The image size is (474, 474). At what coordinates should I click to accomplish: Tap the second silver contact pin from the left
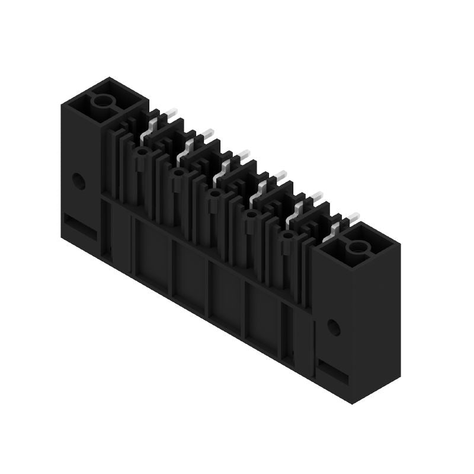pyautogui.click(x=191, y=143)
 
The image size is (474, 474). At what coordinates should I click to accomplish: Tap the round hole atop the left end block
pyautogui.click(x=103, y=101)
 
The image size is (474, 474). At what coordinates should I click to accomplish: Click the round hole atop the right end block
pyautogui.click(x=358, y=247)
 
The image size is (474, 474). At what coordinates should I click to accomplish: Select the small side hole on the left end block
pyautogui.click(x=78, y=181)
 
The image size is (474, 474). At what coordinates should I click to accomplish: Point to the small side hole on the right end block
pyautogui.click(x=334, y=327)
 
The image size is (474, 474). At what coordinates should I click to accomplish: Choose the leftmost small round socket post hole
pyautogui.click(x=141, y=152)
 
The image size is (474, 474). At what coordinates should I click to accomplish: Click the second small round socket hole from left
pyautogui.click(x=177, y=173)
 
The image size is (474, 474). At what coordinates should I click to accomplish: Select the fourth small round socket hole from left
pyautogui.click(x=251, y=214)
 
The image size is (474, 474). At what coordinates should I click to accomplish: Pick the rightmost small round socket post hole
pyautogui.click(x=288, y=236)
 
